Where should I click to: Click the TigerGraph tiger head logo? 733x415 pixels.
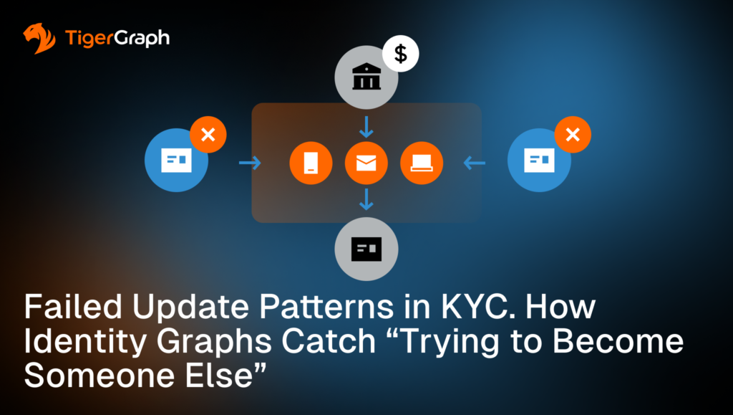coord(39,39)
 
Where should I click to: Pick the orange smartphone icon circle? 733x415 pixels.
coord(311,163)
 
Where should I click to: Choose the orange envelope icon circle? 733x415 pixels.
coord(366,163)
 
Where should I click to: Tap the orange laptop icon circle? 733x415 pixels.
coord(422,163)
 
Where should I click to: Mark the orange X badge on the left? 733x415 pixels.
coord(208,135)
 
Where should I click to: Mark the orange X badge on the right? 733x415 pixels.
coord(572,135)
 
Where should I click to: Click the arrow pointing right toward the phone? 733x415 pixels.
coord(250,163)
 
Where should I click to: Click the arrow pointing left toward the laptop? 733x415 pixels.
coord(475,163)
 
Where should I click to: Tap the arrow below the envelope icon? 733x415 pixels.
coord(366,199)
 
